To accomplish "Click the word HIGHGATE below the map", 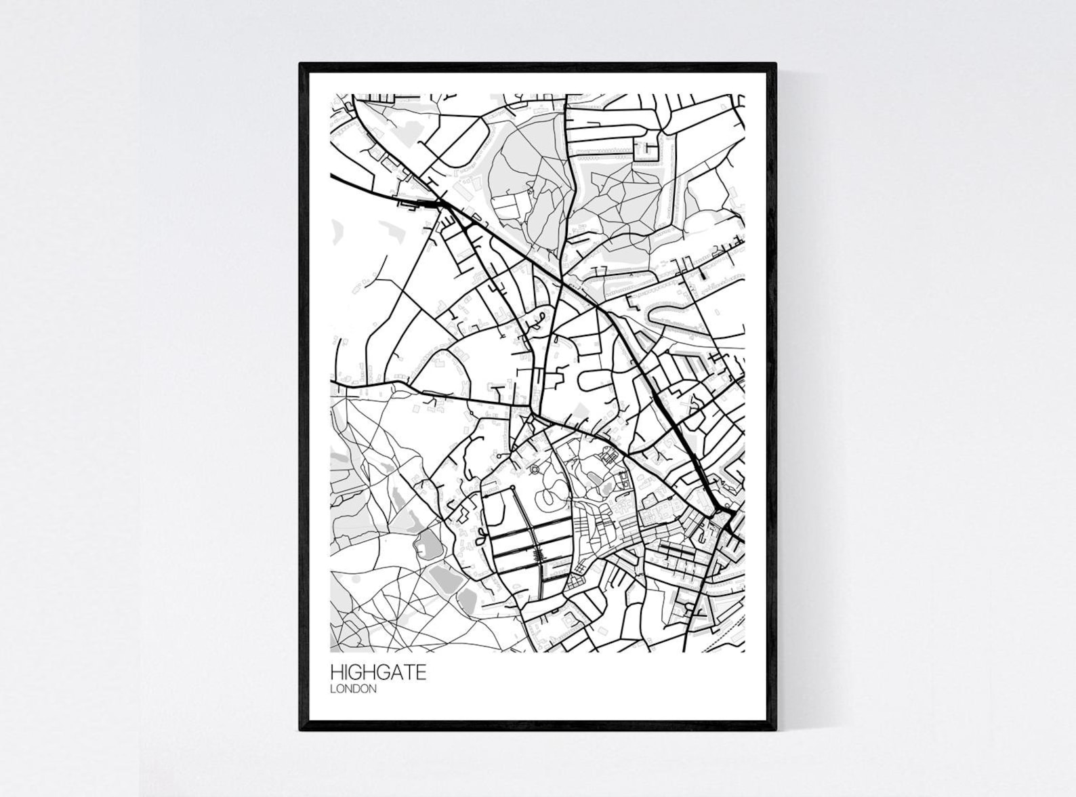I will tap(378, 672).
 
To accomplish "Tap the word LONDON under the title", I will tap(353, 689).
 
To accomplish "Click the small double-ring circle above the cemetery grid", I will tap(534, 468).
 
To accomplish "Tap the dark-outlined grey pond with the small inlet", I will tap(428, 542).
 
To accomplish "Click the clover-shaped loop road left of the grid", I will tap(480, 539).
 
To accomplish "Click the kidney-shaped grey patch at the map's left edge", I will tap(337, 231).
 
